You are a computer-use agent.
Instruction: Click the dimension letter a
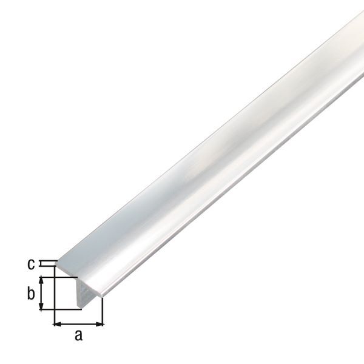78,335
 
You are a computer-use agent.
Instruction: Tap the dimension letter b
31,294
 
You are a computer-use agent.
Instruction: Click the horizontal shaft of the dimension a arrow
79,324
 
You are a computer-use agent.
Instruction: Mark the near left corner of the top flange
56,265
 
